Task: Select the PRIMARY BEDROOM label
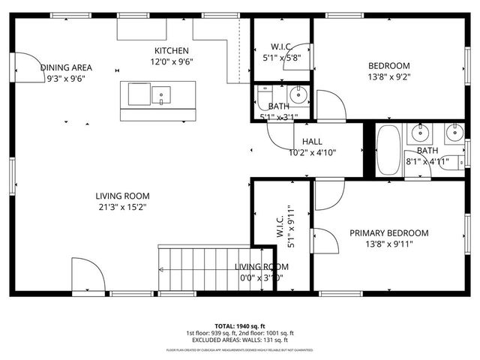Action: coord(388,232)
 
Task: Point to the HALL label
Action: coord(312,142)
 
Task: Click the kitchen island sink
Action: coord(161,95)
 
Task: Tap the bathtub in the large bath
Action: coord(388,150)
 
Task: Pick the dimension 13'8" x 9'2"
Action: coord(388,76)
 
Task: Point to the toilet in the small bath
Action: coord(264,95)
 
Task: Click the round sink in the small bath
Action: coord(298,94)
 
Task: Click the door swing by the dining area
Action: coord(28,67)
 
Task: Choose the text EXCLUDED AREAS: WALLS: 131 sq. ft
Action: coord(240,340)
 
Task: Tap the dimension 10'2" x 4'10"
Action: coord(312,152)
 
